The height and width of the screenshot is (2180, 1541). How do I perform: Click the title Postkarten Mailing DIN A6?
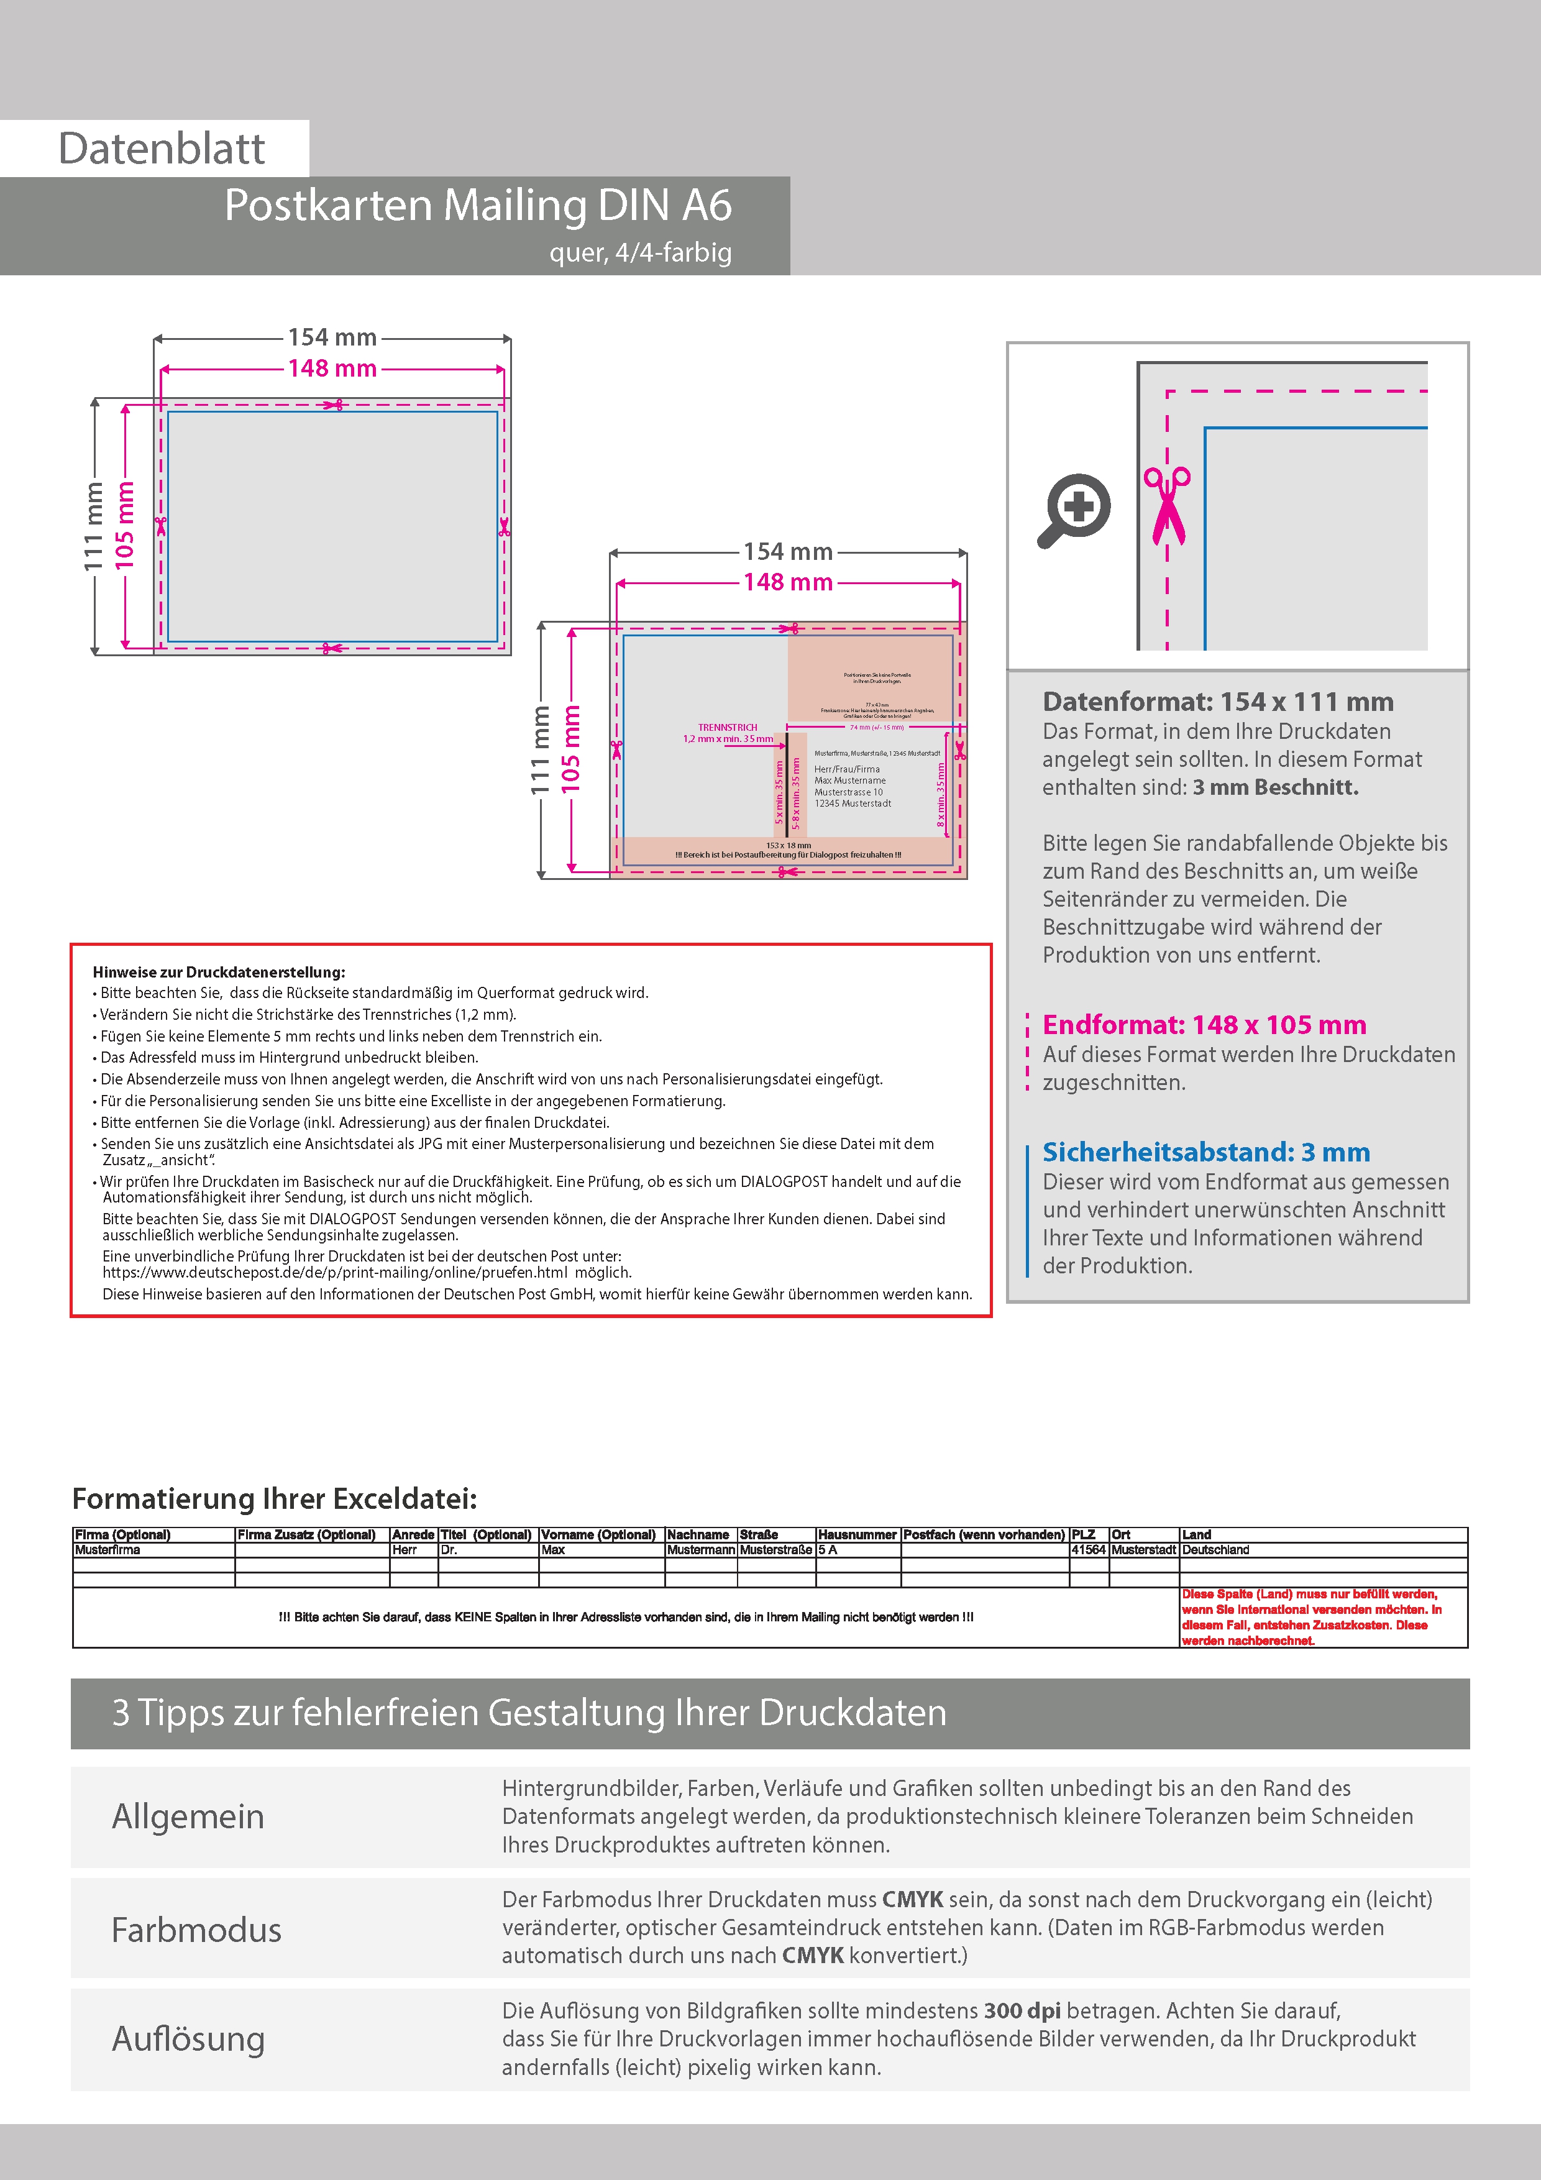(x=478, y=205)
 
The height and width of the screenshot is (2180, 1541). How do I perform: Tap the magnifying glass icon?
(x=1074, y=510)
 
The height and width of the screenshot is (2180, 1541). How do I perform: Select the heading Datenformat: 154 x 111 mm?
(x=1217, y=702)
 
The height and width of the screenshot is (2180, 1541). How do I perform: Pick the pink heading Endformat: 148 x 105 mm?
(x=1204, y=1025)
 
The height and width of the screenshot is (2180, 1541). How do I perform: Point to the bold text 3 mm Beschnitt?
(x=1275, y=787)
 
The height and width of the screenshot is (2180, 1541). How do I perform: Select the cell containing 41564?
(x=1088, y=1549)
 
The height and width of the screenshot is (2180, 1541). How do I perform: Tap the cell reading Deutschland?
(x=1215, y=1549)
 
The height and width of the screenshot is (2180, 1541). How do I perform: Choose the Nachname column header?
(x=698, y=1534)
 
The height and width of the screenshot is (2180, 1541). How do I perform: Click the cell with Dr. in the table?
(x=449, y=1549)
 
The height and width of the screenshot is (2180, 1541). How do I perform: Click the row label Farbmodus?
(x=196, y=1930)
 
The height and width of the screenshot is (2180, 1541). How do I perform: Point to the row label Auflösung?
(x=188, y=2038)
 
